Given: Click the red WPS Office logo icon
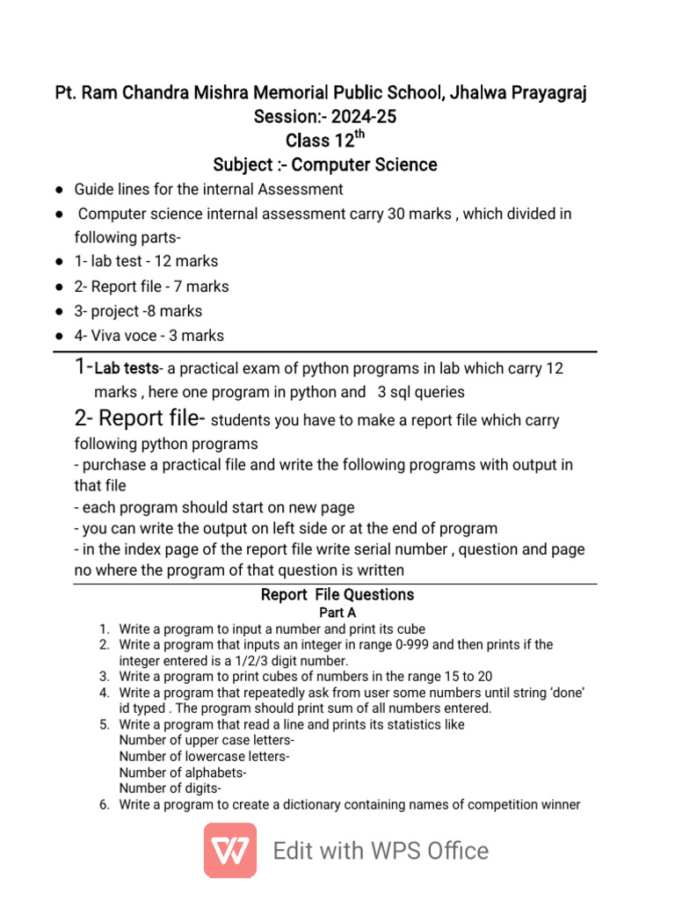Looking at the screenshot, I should click(x=230, y=850).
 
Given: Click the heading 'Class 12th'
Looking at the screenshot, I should click(x=324, y=141).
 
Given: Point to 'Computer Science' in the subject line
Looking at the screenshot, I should click(x=364, y=164).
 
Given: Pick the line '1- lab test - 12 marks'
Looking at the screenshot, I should click(x=146, y=261).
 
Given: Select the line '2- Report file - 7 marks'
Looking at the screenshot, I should click(x=151, y=287).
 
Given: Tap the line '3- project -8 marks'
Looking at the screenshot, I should click(x=138, y=311).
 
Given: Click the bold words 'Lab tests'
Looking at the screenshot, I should click(x=127, y=368).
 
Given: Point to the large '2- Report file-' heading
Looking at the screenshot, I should click(x=140, y=418).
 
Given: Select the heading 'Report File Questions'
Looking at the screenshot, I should click(x=337, y=595).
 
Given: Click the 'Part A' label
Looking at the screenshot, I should click(x=337, y=613).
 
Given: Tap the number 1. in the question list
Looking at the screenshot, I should click(x=104, y=629).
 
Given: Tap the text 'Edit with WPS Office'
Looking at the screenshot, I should click(x=381, y=851).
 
